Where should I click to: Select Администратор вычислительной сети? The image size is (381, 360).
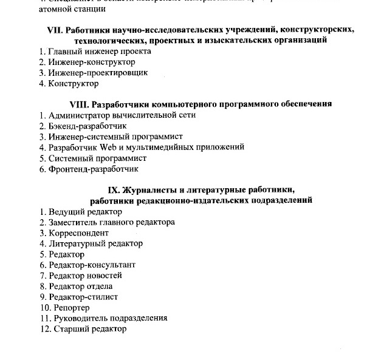pos(122,115)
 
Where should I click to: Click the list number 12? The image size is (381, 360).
pos(43,328)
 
